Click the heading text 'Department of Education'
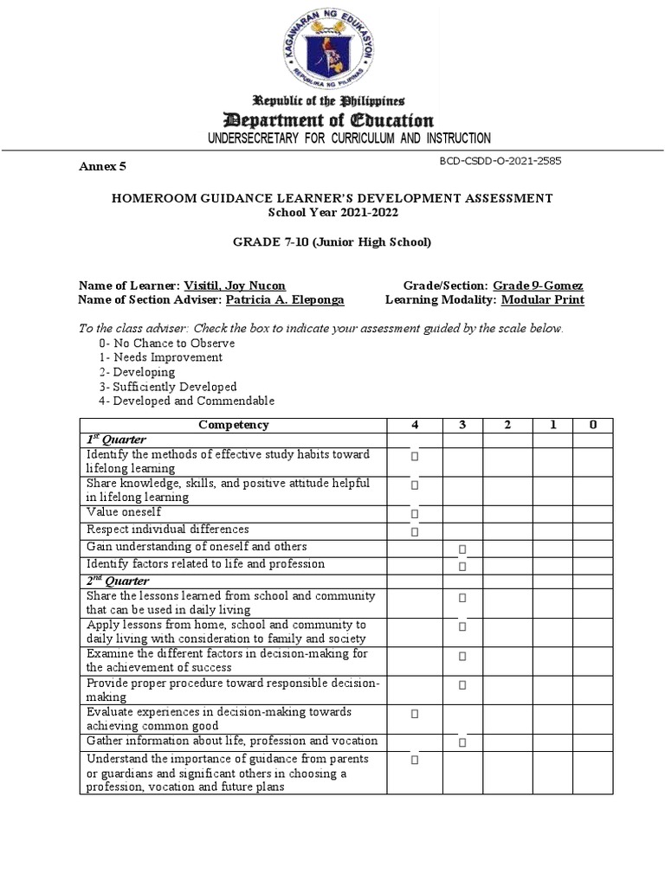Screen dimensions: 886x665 click(x=332, y=120)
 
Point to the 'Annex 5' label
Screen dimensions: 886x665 click(x=103, y=166)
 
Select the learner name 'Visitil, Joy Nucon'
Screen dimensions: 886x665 click(x=235, y=286)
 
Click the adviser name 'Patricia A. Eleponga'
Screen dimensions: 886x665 click(x=285, y=299)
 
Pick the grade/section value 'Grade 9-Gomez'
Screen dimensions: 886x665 click(x=538, y=286)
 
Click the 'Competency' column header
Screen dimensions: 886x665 click(x=234, y=425)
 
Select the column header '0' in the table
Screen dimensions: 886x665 click(x=592, y=425)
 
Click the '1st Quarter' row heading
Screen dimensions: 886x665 click(x=115, y=440)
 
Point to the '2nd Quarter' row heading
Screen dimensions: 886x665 click(x=117, y=581)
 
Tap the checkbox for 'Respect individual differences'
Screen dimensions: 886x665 click(x=415, y=531)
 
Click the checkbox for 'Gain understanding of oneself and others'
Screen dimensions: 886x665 click(x=462, y=549)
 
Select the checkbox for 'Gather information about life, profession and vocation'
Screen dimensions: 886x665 click(x=462, y=742)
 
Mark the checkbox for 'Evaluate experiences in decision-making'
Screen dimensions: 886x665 click(x=415, y=714)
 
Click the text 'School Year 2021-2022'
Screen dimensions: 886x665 click(x=332, y=212)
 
